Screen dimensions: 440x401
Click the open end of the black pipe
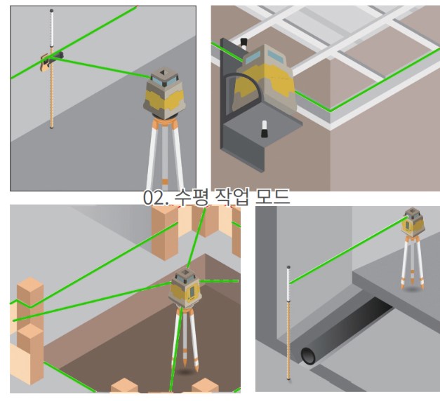point(309,355)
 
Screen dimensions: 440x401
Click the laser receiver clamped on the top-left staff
point(44,62)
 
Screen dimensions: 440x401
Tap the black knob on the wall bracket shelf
point(264,129)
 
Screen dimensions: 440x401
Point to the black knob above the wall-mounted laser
point(244,43)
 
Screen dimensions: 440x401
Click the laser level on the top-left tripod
point(164,93)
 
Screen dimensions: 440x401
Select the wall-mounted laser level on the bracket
point(265,78)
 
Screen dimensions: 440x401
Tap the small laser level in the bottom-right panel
point(413,222)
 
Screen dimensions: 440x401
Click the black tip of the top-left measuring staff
point(51,11)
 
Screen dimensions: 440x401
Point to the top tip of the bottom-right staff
point(288,267)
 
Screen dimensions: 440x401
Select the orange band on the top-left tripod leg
point(165,182)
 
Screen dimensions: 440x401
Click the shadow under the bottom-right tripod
point(413,289)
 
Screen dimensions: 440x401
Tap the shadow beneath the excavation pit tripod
point(185,372)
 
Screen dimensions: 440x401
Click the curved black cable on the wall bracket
point(244,84)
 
